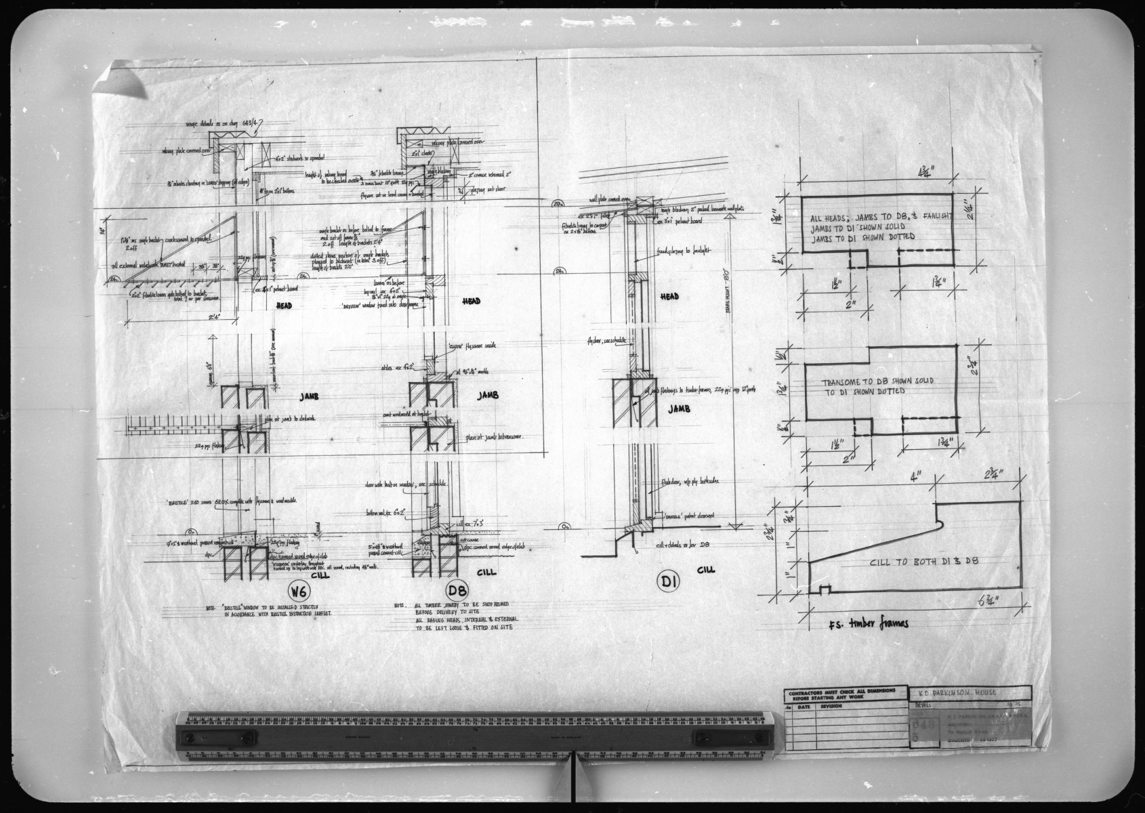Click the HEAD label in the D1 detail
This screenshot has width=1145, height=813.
pyautogui.click(x=669, y=297)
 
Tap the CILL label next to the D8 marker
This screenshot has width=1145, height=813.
pyautogui.click(x=486, y=572)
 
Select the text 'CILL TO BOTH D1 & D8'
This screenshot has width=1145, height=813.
pyautogui.click(x=925, y=561)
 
